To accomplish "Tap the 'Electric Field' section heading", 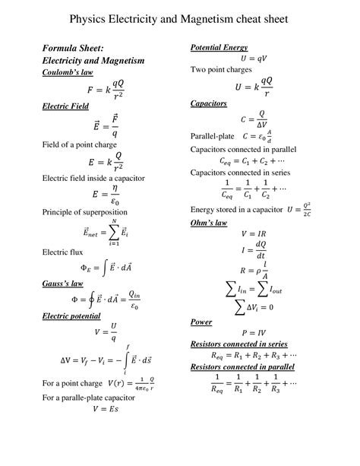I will coord(65,106).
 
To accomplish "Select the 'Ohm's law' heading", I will coord(209,223).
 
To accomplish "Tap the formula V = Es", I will coord(104,408).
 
